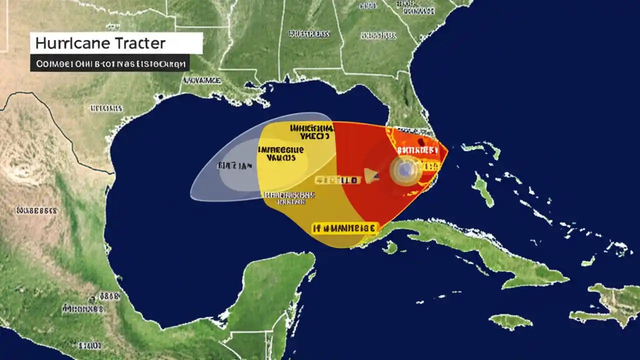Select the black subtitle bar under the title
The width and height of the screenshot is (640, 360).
pos(109,63)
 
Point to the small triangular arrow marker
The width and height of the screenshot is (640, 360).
pos(371,174)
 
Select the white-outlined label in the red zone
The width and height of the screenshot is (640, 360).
pos(417,149)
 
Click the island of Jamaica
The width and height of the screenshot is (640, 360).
pos(510,321)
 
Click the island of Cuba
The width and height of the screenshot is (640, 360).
pos(475,250)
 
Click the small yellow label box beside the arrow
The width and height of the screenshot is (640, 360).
pos(337,179)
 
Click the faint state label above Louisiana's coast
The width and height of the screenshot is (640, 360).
pos(201,80)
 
